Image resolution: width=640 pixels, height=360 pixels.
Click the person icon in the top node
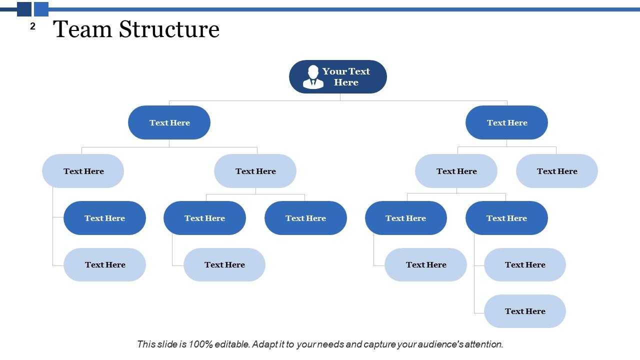[313, 76]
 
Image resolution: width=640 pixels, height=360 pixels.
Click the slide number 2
[33, 26]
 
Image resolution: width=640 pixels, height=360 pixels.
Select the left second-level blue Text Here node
[169, 122]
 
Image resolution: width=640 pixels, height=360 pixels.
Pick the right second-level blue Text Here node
[506, 122]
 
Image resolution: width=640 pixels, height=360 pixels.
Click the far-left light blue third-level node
[83, 171]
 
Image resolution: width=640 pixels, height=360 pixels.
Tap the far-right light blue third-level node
[556, 171]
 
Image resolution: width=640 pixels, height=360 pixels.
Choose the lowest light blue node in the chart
[524, 311]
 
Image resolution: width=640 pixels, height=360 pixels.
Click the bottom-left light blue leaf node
[104, 264]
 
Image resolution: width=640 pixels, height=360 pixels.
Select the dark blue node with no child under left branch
[305, 218]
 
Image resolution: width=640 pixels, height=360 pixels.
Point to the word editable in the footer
[231, 344]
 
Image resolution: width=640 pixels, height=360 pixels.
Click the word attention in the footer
[483, 344]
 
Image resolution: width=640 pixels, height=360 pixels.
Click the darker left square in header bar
[24, 9]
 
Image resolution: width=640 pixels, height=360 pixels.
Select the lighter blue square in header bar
[41, 9]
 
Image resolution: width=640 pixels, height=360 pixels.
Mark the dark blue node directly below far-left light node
[104, 218]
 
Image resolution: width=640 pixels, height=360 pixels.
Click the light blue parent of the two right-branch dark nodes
[456, 171]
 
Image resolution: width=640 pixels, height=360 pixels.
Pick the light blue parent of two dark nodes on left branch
[255, 171]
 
